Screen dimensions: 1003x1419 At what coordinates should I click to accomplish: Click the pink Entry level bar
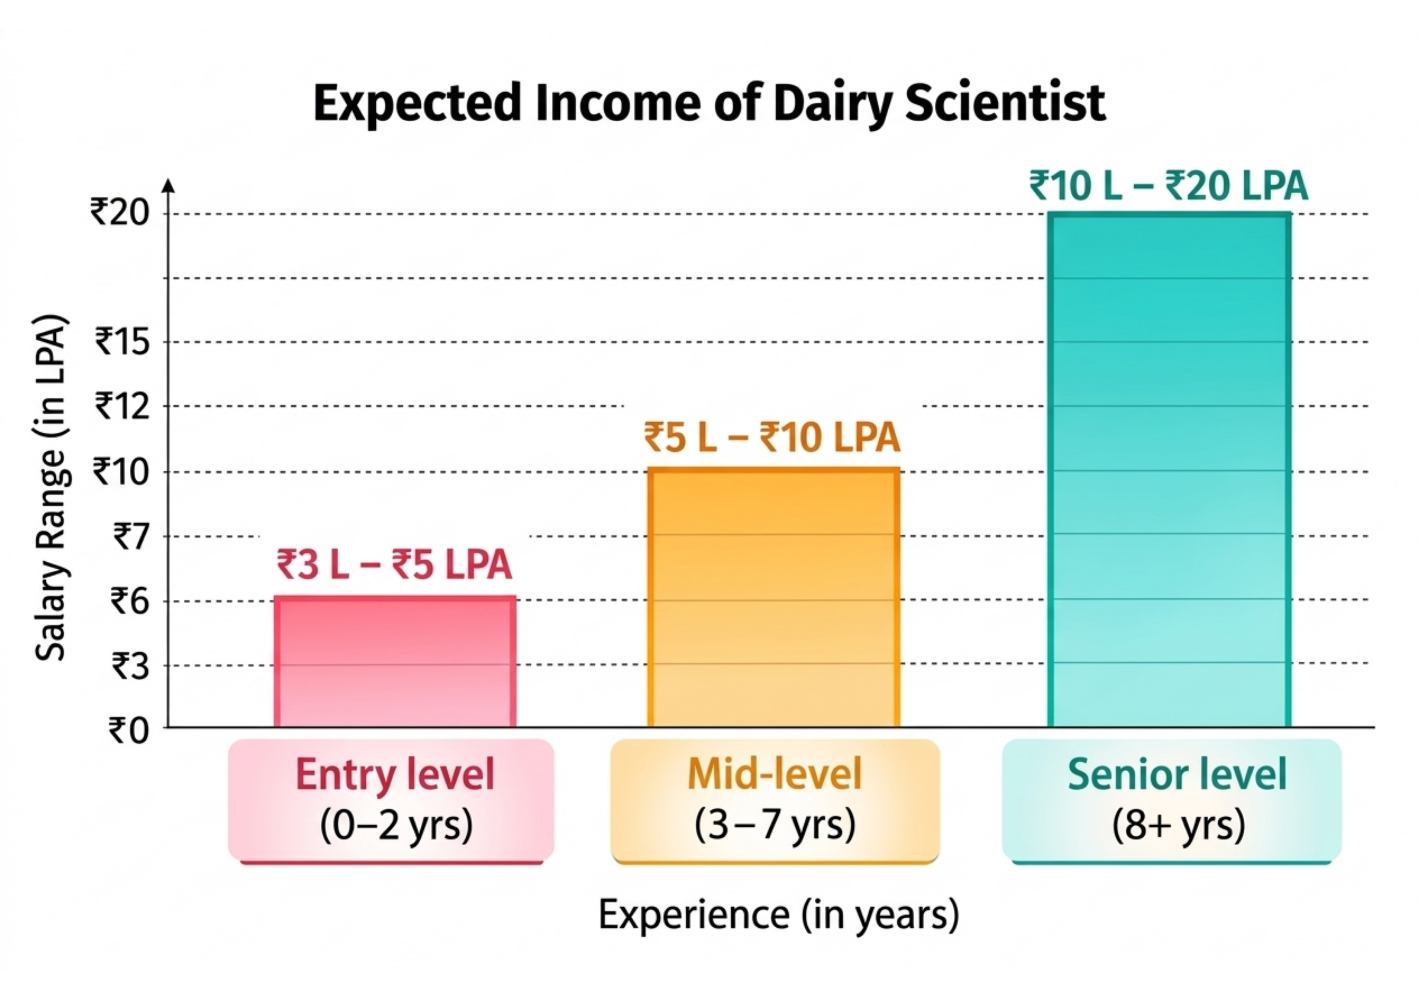394,661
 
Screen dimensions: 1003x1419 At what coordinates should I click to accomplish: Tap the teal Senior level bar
1169,470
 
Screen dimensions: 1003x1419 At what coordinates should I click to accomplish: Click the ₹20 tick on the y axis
121,212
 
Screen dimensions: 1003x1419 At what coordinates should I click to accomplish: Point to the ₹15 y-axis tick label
123,341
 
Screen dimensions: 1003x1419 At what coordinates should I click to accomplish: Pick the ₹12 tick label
123,406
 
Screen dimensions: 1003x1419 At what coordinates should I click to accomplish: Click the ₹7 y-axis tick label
131,536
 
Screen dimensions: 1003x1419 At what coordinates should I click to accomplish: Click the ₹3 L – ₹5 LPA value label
394,565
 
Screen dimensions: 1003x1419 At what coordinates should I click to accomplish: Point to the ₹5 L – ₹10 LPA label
772,438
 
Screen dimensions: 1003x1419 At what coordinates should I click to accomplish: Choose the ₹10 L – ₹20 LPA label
1169,186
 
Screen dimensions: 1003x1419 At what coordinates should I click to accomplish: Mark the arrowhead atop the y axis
169,185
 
